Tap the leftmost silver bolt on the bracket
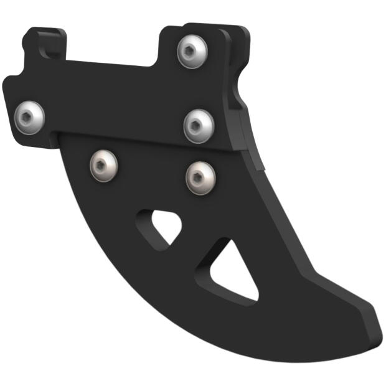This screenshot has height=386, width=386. tap(29, 115)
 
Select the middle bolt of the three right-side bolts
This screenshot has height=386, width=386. tap(199, 126)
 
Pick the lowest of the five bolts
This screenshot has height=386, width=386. tap(201, 177)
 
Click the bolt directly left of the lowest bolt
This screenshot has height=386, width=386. tap(103, 165)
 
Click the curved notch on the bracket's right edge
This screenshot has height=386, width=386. tap(239, 100)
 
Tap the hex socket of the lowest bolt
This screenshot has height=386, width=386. tap(201, 177)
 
